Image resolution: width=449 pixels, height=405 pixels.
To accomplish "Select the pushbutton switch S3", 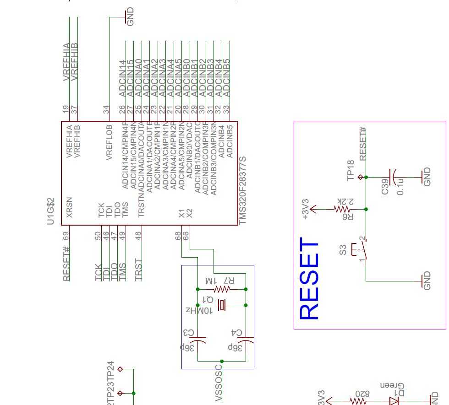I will point(362,250).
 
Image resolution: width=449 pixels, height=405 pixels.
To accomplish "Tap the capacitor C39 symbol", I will point(393,177).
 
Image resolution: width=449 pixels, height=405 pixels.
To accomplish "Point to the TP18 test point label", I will point(351,170).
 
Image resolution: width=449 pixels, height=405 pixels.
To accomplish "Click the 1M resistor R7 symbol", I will point(222,289).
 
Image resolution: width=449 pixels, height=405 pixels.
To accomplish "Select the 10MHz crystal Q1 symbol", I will point(222,305).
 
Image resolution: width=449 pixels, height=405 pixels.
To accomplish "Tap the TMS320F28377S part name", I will point(243,190).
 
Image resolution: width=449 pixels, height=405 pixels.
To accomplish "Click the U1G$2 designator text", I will point(51,211).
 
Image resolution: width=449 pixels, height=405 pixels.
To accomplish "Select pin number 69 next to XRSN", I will point(66,236).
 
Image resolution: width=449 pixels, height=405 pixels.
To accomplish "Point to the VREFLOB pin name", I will point(110,142).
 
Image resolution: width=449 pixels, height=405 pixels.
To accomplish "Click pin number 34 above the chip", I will point(106,109).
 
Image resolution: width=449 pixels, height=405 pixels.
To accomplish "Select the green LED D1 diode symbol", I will point(394,401).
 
